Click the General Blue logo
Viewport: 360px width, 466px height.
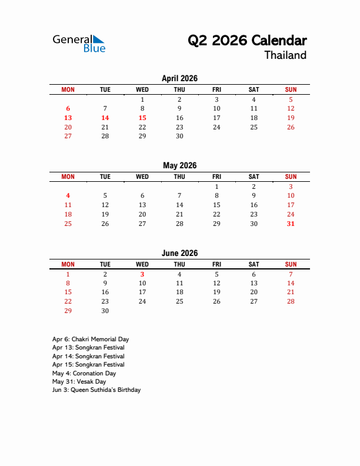79,43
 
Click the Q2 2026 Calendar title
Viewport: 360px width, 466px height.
247,41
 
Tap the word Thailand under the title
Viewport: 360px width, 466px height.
285,55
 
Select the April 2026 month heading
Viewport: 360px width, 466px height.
179,78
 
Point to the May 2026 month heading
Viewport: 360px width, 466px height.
179,165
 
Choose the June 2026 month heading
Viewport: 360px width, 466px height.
179,253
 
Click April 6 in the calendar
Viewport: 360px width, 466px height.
68,108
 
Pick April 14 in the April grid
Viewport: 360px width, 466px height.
105,118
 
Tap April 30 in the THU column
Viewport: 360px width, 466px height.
179,136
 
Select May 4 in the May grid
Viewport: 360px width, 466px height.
68,195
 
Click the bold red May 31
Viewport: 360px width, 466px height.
291,224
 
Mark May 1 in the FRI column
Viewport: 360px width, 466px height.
216,187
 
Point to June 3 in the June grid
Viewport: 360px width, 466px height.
142,274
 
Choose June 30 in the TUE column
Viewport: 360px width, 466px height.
105,311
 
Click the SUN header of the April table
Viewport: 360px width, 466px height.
291,89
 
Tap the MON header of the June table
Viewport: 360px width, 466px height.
68,264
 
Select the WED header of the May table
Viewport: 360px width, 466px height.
142,177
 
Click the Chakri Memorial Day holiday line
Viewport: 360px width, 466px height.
91,339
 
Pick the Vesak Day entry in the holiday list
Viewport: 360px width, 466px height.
80,381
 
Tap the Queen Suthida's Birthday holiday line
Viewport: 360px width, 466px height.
96,390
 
